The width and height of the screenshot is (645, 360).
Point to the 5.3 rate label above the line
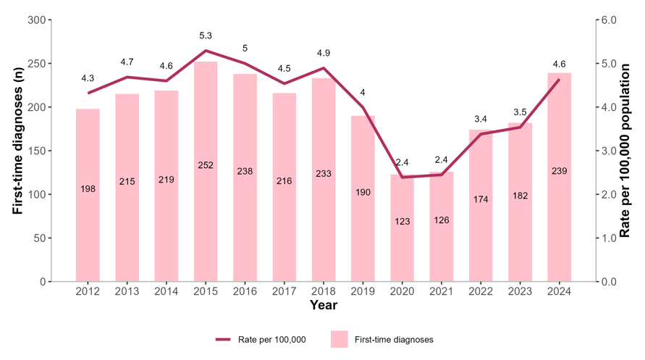pyautogui.click(x=206, y=35)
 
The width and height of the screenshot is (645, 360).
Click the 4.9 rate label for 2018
pyautogui.click(x=324, y=53)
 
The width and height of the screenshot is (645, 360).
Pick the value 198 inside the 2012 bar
pyautogui.click(x=88, y=189)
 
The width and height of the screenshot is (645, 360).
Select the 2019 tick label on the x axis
pyautogui.click(x=363, y=291)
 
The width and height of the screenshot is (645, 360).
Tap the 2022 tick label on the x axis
pyautogui.click(x=481, y=291)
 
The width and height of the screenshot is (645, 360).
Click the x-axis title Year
pyautogui.click(x=324, y=305)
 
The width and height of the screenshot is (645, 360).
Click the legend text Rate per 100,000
pyautogui.click(x=271, y=339)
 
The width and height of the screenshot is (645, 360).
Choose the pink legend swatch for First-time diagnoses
pyautogui.click(x=340, y=339)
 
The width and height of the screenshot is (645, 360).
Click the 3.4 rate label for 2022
pyautogui.click(x=481, y=119)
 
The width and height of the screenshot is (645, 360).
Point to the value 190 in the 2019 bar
pyautogui.click(x=363, y=193)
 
